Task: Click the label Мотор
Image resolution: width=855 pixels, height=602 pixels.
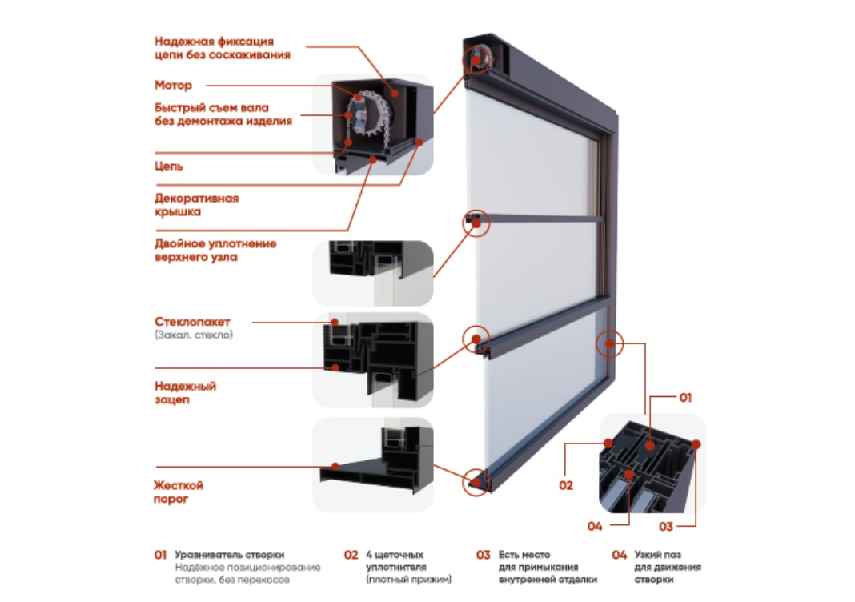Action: coord(173,85)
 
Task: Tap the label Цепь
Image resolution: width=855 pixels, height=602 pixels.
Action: coord(169,167)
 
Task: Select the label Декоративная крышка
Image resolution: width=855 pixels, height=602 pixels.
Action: coord(196,205)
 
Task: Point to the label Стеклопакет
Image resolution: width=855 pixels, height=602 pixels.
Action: coord(192,322)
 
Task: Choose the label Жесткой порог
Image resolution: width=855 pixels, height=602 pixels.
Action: coord(179,492)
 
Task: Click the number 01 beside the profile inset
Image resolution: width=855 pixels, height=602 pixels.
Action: coord(685,397)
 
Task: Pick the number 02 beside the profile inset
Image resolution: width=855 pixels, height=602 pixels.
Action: coord(566,485)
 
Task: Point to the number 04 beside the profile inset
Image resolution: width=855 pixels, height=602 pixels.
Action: coord(594,526)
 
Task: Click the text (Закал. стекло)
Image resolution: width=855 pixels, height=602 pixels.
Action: coord(194,335)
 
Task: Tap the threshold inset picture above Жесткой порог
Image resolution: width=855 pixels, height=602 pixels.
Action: coord(372,464)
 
